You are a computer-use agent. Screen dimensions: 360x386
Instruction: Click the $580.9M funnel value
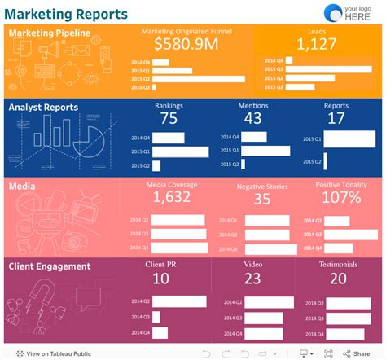[186, 45]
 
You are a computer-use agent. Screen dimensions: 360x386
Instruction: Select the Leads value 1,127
[310, 46]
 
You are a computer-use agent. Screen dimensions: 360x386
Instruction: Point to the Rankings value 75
[169, 118]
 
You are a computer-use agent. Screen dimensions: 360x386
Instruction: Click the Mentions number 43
[252, 118]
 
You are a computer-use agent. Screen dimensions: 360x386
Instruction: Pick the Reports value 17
[336, 118]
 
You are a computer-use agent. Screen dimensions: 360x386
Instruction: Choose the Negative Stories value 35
[261, 199]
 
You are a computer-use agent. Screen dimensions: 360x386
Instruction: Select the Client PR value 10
[160, 279]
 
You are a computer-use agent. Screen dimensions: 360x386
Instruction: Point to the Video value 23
[252, 279]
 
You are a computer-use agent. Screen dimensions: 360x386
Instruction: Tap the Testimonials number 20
[338, 279]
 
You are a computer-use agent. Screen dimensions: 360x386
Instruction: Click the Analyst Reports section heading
[43, 107]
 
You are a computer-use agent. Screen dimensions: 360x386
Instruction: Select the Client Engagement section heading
[50, 266]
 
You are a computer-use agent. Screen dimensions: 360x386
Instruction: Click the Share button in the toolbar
[356, 353]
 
